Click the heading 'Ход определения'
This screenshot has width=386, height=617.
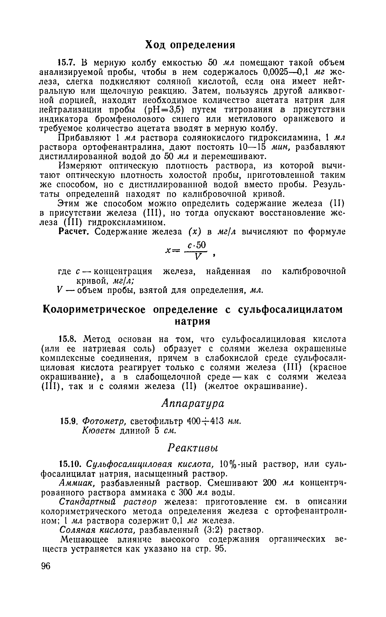point(190,45)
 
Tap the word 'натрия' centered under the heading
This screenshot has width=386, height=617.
point(192,321)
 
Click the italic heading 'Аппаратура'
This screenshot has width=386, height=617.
point(193,403)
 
